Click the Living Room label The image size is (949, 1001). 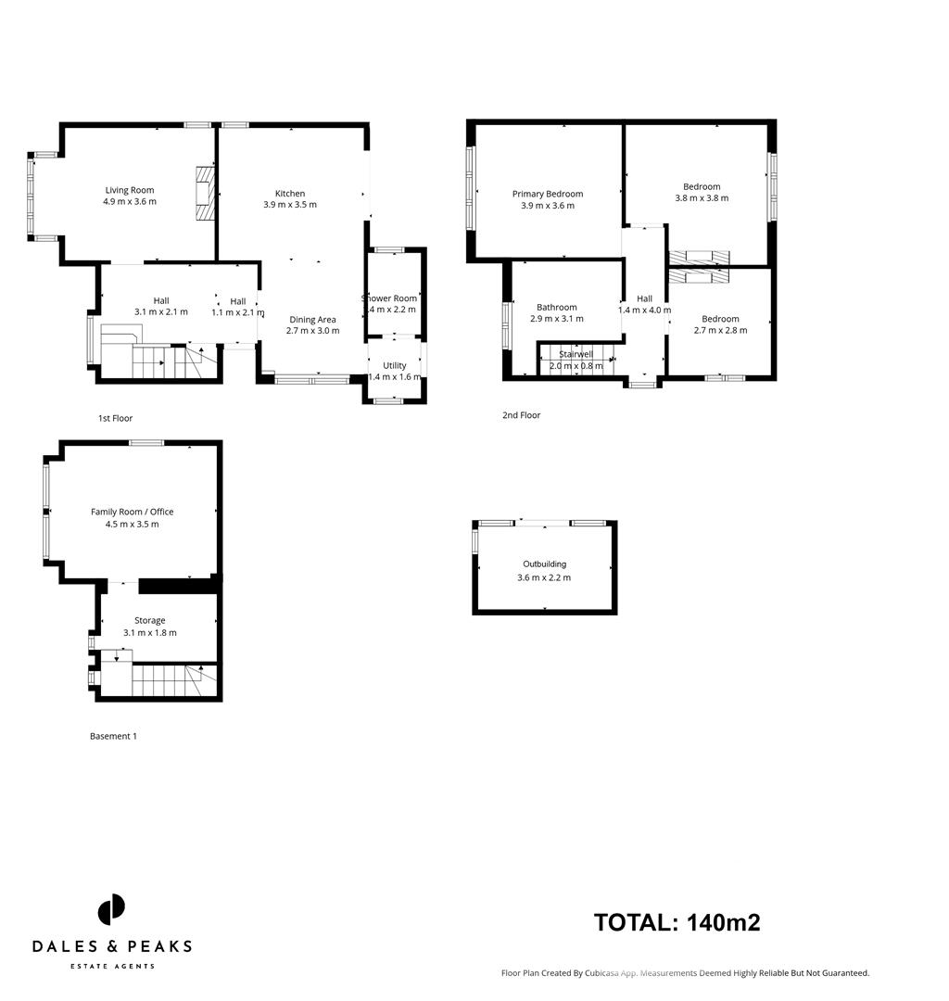tap(129, 190)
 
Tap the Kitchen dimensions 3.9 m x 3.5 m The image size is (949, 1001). tap(290, 205)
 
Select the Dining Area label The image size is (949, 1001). tap(312, 320)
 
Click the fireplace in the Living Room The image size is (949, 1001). tap(204, 194)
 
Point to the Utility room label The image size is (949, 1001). tap(394, 366)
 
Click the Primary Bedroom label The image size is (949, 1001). tap(548, 194)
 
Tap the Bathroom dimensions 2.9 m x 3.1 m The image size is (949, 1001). tap(556, 319)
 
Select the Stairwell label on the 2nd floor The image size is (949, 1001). tap(576, 354)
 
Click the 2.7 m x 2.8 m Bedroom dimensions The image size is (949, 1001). tap(720, 330)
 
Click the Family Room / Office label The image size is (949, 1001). tap(132, 512)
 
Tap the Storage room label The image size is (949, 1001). tap(150, 620)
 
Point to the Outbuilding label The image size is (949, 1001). tap(544, 564)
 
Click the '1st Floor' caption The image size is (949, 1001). tap(116, 418)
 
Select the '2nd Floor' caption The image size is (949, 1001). tap(521, 415)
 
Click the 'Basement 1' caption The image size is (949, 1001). tap(113, 736)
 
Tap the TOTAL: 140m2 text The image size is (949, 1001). tap(677, 922)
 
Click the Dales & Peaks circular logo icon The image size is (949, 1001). tap(111, 909)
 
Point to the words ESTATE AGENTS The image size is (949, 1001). tap(112, 967)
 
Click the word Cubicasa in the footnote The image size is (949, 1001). tap(598, 973)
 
